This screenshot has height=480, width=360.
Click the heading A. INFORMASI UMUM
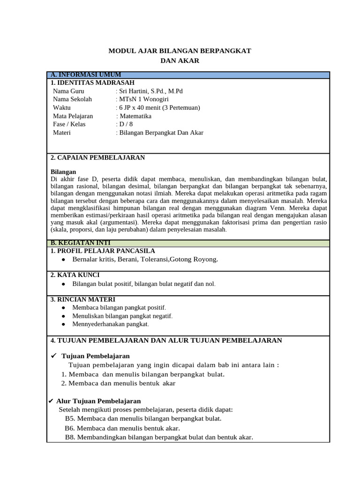[x=86, y=75]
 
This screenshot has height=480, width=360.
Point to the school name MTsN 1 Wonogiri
[x=142, y=99]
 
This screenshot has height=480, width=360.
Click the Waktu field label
[x=62, y=108]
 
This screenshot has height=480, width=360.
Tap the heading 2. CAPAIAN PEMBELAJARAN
[x=97, y=157]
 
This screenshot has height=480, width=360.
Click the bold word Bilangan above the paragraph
[x=63, y=172]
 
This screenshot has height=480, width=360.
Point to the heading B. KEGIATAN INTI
[x=81, y=243]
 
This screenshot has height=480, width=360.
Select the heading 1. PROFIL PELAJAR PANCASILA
[x=102, y=251]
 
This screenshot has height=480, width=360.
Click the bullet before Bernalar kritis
[x=63, y=260]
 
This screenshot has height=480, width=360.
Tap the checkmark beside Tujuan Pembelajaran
[x=53, y=356]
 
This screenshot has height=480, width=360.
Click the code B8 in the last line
[x=70, y=437]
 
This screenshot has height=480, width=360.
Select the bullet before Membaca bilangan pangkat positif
[x=63, y=307]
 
